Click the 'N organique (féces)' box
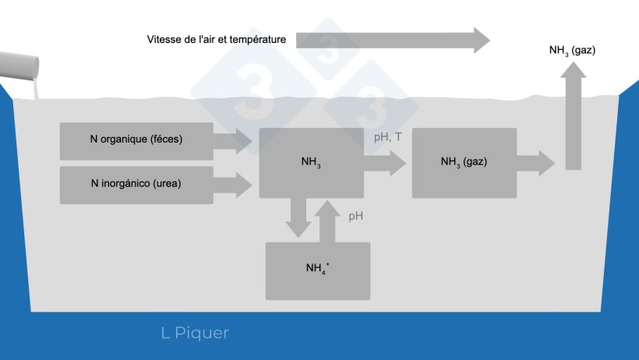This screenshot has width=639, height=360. point(136,141)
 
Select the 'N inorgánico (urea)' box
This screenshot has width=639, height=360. point(136,185)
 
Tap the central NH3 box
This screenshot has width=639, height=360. point(311,163)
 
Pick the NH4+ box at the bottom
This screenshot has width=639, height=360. point(317,270)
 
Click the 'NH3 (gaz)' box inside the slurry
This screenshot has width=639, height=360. point(464,162)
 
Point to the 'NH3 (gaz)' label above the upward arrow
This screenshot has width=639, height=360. point(572,51)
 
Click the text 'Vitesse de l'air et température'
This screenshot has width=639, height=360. point(217,39)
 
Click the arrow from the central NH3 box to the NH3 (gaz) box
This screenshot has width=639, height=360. point(385,163)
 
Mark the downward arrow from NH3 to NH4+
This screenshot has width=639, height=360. point(298,217)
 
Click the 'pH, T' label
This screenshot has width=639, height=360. point(388,136)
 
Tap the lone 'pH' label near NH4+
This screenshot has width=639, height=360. point(356,216)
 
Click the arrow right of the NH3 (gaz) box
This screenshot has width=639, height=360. point(536,162)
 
